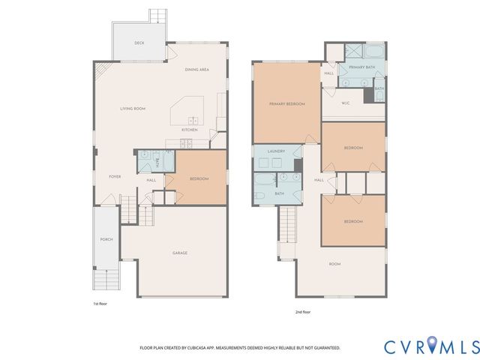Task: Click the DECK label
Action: tap(139, 43)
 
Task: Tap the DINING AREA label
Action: tap(196, 70)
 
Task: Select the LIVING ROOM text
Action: tap(133, 109)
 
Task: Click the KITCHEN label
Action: tap(189, 130)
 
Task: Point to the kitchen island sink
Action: tap(192, 119)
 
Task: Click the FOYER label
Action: tap(115, 176)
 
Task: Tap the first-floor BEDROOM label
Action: tap(199, 178)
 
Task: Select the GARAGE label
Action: tap(180, 253)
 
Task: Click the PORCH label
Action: tap(106, 239)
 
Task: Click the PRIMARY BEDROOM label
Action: tap(287, 103)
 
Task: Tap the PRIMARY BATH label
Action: tap(361, 67)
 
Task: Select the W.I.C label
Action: tap(346, 103)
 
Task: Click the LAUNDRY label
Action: tap(275, 151)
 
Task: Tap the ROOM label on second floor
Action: tap(334, 264)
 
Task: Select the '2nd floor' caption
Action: tap(302, 311)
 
